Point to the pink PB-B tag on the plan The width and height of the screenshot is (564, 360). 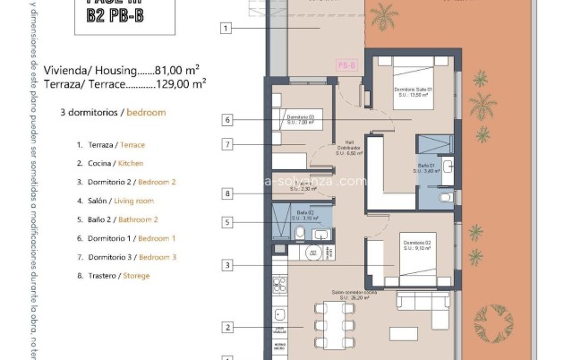346,65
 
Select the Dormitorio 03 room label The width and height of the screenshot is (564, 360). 301,119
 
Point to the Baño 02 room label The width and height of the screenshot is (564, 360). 304,215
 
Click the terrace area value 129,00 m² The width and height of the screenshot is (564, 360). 179,83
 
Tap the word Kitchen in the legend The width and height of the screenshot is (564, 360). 131,163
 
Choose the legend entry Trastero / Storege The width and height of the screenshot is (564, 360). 113,276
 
